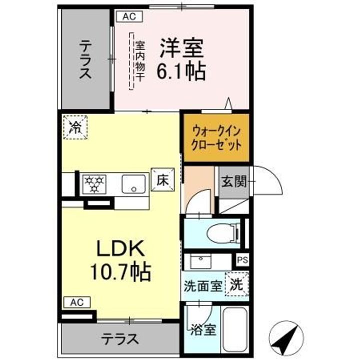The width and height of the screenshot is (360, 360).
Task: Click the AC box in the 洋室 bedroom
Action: click(x=129, y=16)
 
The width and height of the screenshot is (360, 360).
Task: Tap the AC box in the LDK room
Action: click(x=77, y=302)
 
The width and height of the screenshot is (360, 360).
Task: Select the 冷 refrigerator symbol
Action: click(x=75, y=127)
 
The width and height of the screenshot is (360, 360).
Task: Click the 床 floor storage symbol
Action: click(x=162, y=180)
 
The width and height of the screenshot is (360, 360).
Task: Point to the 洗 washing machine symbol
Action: click(x=237, y=284)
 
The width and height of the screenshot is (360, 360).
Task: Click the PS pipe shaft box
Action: click(x=242, y=260)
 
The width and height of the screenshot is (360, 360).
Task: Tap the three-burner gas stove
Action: click(x=94, y=184)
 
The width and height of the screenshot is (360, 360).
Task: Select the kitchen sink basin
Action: click(x=133, y=184)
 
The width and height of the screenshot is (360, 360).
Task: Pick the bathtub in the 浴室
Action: click(x=234, y=329)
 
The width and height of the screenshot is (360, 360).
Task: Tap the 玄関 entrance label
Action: click(x=234, y=181)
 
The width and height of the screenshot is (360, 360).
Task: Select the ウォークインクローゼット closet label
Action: click(x=216, y=138)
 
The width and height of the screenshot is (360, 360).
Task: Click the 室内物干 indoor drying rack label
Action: click(x=139, y=61)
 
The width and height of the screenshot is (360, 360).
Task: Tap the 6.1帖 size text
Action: click(x=181, y=71)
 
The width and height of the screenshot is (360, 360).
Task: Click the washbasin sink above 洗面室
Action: click(x=200, y=261)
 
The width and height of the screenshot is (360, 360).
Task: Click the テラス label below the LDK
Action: click(x=120, y=339)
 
